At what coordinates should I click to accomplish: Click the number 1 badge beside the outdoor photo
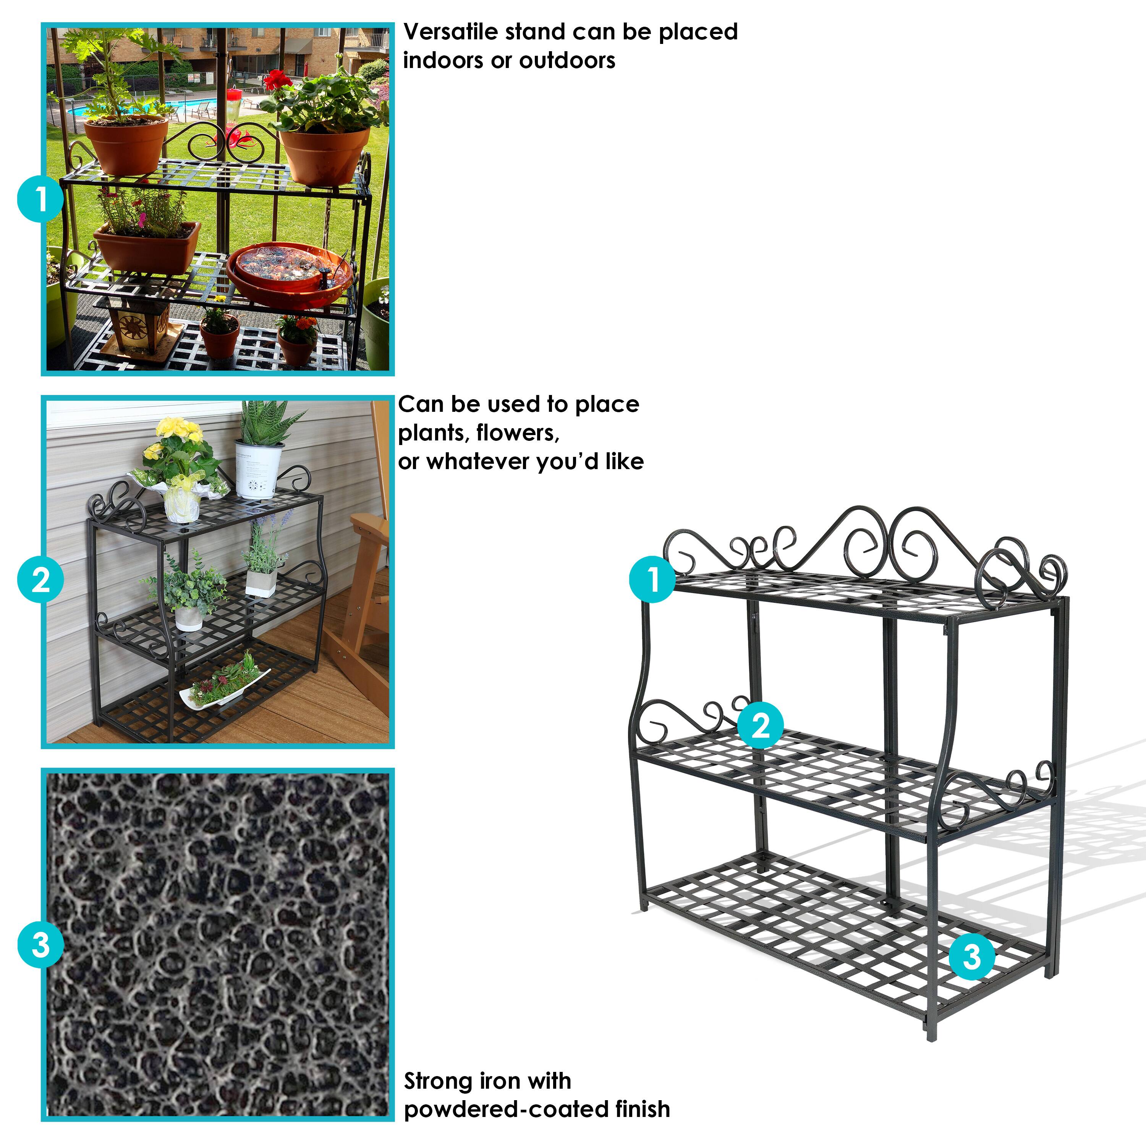pyautogui.click(x=40, y=200)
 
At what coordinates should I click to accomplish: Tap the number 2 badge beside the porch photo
pyautogui.click(x=40, y=579)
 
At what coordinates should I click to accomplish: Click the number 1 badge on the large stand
pyautogui.click(x=652, y=579)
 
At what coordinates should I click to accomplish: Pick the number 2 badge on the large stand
pyautogui.click(x=761, y=725)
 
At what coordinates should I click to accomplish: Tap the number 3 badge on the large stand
pyautogui.click(x=971, y=956)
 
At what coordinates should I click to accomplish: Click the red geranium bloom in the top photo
pyautogui.click(x=277, y=80)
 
